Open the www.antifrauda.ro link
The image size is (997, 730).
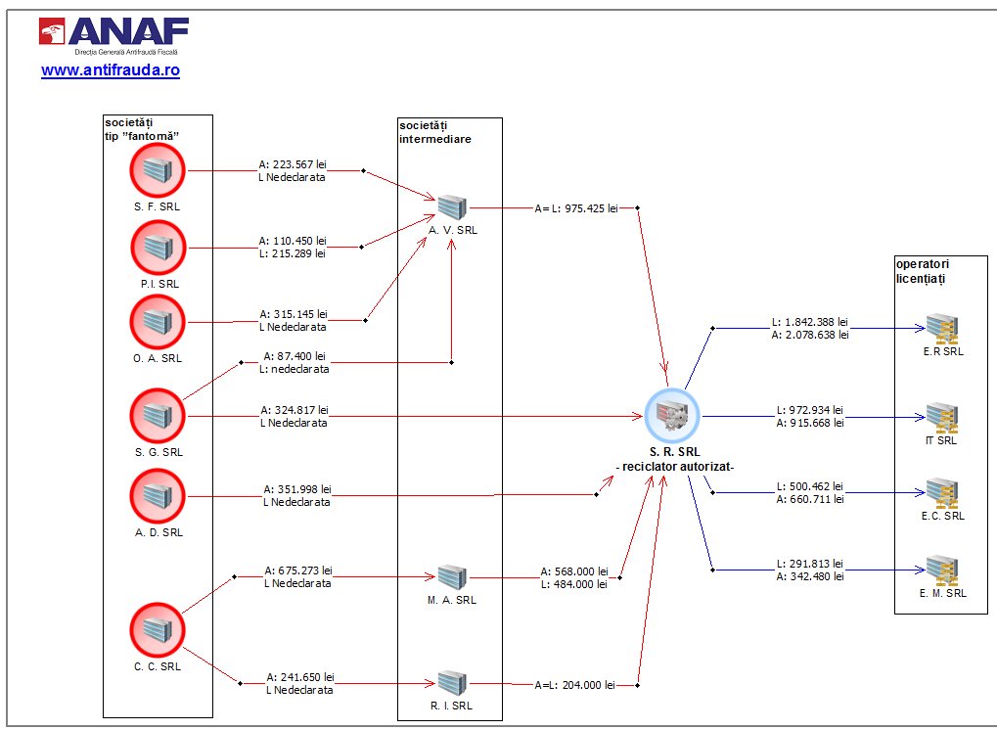[110, 71]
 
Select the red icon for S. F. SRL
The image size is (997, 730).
[157, 171]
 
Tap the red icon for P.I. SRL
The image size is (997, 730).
[157, 248]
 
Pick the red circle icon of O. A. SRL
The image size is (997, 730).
[157, 323]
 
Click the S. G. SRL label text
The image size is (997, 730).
[158, 452]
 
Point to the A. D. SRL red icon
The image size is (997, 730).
[157, 496]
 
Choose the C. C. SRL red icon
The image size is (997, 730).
[157, 630]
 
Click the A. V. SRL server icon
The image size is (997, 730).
[452, 207]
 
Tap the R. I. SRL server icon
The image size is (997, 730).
[452, 682]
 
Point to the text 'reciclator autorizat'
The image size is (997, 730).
[675, 468]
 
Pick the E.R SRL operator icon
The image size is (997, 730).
[942, 328]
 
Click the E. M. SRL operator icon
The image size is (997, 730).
[942, 570]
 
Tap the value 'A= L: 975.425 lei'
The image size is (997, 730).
[576, 207]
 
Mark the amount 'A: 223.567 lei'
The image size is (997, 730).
[293, 164]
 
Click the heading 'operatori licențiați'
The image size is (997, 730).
[922, 271]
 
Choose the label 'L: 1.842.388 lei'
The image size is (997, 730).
[809, 322]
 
